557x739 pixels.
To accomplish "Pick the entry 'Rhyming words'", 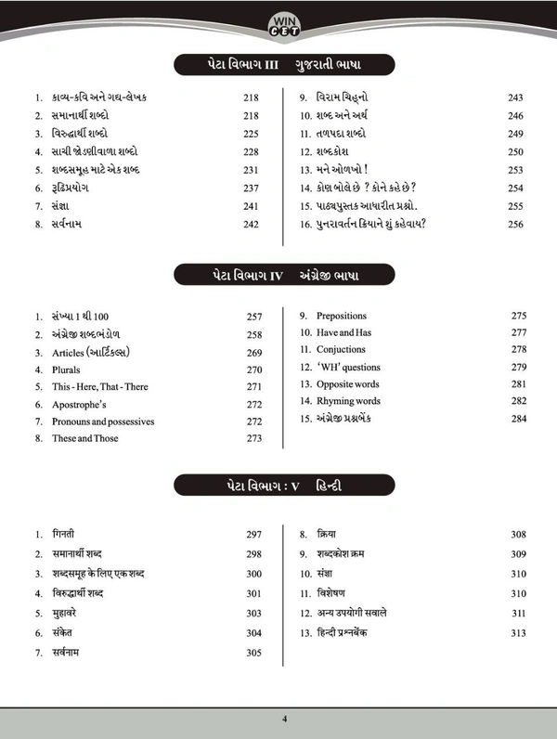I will tap(347, 401).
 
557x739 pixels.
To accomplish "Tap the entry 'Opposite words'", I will tap(347, 384).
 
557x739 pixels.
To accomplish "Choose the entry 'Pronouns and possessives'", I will tap(102, 421).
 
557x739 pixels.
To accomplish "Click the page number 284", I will tap(518, 419).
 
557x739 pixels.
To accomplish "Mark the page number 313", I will tap(518, 632).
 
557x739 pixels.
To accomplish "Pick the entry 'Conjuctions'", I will tap(342, 350).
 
